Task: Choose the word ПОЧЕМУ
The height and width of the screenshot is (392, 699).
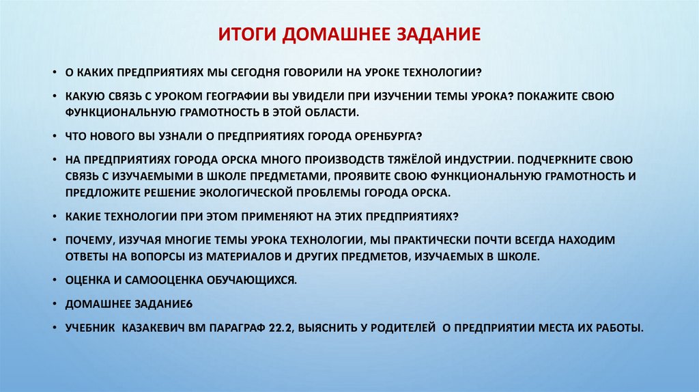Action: [x=89, y=241]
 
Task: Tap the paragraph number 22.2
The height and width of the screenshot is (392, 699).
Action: [x=281, y=327]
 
